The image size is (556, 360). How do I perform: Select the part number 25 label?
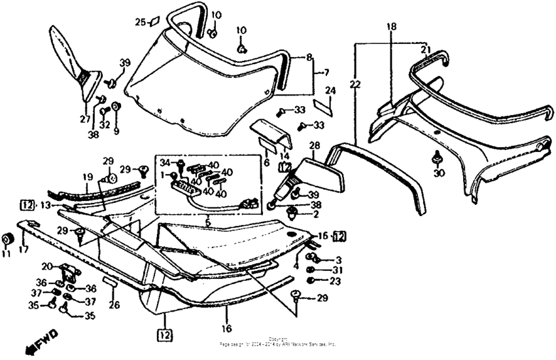pyautogui.click(x=139, y=22)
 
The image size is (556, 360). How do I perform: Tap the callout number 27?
pyautogui.click(x=84, y=119)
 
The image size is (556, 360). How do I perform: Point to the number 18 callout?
pyautogui.click(x=391, y=27)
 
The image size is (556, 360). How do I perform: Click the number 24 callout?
pyautogui.click(x=330, y=90)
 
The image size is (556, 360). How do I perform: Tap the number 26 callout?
pyautogui.click(x=114, y=304)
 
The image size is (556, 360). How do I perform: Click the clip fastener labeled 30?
pyautogui.click(x=436, y=158)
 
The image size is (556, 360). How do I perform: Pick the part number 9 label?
pyautogui.click(x=116, y=131)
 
